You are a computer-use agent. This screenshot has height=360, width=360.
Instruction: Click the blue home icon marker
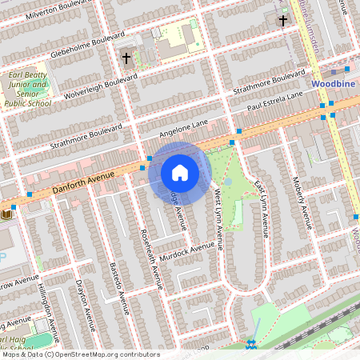180,172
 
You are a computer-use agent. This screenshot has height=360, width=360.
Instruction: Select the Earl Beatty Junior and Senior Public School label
28,89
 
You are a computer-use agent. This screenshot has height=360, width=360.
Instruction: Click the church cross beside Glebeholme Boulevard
126,58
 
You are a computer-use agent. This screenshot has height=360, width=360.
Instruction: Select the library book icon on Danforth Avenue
7,214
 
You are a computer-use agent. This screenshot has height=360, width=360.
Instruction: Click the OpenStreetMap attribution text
80,354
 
